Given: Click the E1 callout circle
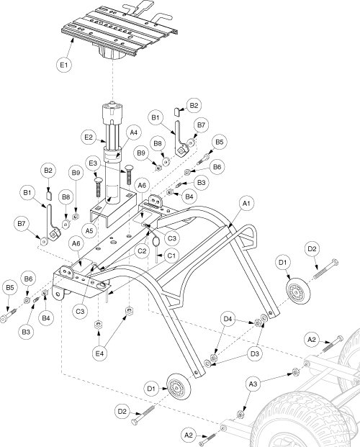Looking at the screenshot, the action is click(x=63, y=65).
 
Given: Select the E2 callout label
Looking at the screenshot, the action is click(x=89, y=137).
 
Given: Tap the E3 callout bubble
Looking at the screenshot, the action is click(x=94, y=163).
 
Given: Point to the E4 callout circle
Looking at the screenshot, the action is click(x=99, y=353).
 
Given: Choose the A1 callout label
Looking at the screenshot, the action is click(x=246, y=204).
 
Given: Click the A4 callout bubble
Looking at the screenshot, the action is click(x=133, y=132).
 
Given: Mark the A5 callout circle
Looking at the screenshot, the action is click(x=89, y=230).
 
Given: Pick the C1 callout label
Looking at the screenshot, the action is click(x=171, y=256).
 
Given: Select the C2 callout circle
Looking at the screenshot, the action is click(x=142, y=251).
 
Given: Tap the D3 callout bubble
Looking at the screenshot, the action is click(x=254, y=353).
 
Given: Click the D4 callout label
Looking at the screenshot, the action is click(x=228, y=320).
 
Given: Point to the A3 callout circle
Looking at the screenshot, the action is click(x=253, y=384).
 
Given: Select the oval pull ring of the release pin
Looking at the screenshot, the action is click(x=156, y=242).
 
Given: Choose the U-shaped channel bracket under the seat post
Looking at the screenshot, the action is click(x=112, y=210).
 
